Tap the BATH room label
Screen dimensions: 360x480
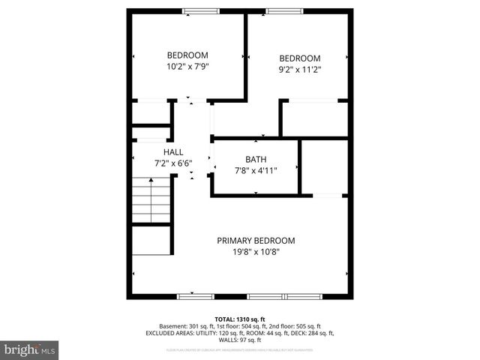tap(256, 159)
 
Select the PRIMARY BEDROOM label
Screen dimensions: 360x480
tap(256, 241)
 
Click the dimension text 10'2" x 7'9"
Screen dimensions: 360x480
tap(187, 67)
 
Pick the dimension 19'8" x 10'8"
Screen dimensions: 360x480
tap(256, 252)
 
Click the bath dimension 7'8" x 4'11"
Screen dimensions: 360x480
tap(256, 170)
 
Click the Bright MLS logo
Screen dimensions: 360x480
tap(29, 349)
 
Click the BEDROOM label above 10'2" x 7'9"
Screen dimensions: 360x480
tap(187, 55)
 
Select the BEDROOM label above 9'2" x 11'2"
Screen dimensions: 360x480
tap(300, 58)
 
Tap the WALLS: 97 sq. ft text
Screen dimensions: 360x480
tap(239, 340)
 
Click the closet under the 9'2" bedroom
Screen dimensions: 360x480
tap(314, 118)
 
